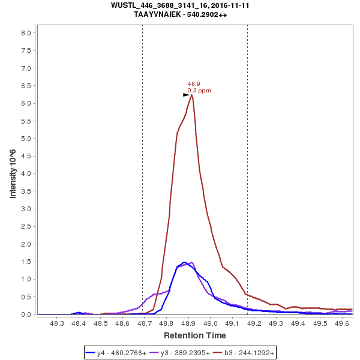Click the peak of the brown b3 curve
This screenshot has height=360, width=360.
[x=191, y=95]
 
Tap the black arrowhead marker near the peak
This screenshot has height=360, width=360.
[x=186, y=95]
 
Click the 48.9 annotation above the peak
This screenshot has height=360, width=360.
[x=194, y=84]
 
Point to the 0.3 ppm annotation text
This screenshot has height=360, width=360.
[x=199, y=91]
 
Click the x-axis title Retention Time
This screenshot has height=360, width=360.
[x=195, y=335]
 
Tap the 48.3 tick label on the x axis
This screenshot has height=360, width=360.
[x=57, y=323]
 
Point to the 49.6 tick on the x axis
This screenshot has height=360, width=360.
[x=342, y=323]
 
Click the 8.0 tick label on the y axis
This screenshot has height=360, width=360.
[x=26, y=33]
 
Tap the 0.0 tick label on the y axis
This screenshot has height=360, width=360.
[x=26, y=314]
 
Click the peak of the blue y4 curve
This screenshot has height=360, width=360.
[x=185, y=262]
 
